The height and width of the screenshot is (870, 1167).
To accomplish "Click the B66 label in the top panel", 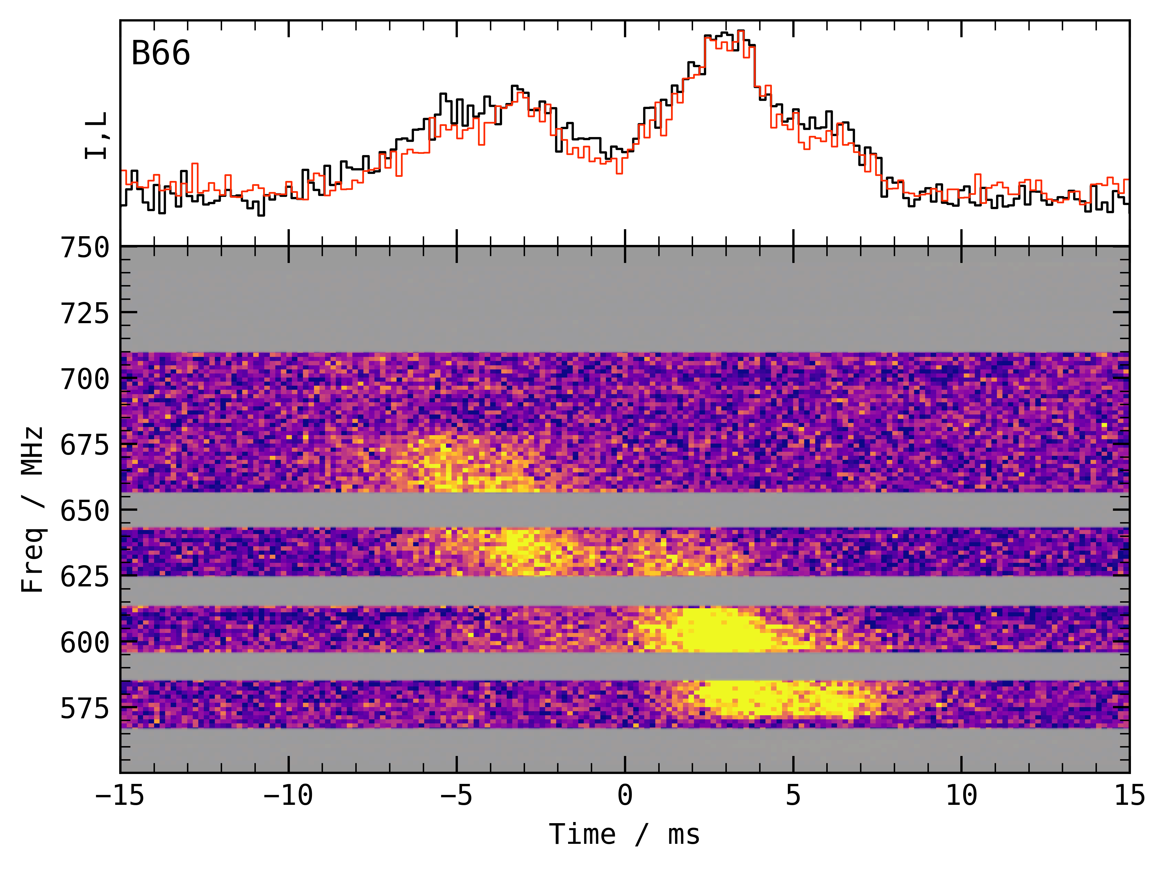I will point(160,54).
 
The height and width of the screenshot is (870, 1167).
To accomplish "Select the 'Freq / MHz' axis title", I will point(33,510).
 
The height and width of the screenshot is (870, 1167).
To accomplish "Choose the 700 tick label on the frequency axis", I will point(85,379).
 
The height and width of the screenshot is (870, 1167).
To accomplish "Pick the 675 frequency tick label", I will point(85,446).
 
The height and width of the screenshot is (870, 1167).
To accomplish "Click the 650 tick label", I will point(85,511).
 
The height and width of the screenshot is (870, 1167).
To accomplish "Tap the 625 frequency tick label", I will point(85,577).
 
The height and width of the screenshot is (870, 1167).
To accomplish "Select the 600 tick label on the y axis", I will point(85,643).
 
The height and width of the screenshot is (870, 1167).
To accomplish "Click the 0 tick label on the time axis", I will point(625,795).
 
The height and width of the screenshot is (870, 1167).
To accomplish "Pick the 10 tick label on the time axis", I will point(961,795).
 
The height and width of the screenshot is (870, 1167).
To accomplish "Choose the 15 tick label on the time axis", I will point(1129,795).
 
